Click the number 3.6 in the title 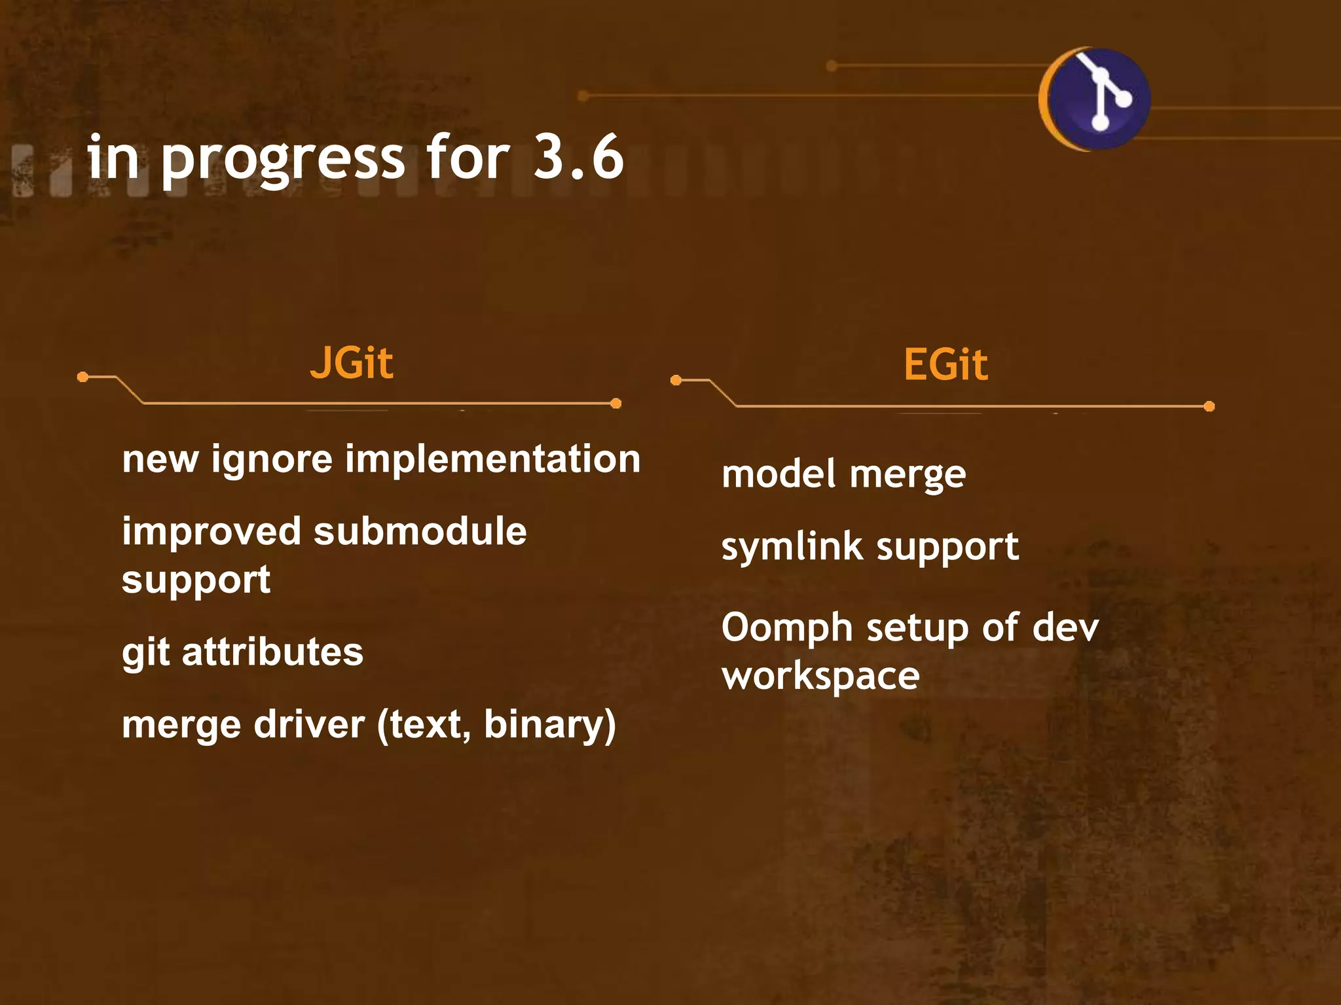pos(578,157)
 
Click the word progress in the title pos(283,160)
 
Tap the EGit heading pos(946,364)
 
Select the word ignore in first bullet pos(272,459)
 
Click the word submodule pos(420,531)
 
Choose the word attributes pos(272,652)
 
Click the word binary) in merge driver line pos(550,725)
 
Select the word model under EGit pos(779,474)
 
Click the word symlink pos(792,548)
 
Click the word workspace pos(820,677)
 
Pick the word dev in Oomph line pos(1065,628)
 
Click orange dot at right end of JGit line pos(615,404)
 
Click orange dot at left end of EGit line pos(676,380)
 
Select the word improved pos(211,533)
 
